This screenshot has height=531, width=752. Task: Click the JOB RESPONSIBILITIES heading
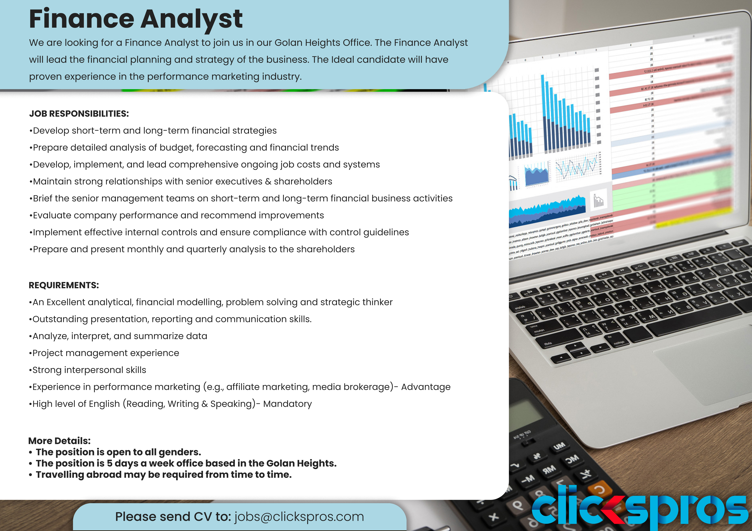(79, 114)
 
